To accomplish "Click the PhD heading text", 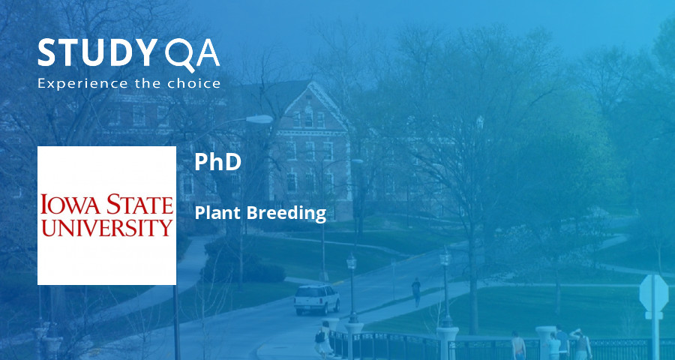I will click(217, 162).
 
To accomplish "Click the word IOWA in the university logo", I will click(70, 204).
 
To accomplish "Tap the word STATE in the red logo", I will click(138, 204).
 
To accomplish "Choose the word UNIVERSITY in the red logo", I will click(106, 226).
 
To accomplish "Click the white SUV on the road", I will click(316, 299).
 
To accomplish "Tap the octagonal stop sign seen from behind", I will click(653, 292).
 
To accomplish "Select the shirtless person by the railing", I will click(518, 345).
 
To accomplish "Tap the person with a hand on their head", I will click(579, 342).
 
